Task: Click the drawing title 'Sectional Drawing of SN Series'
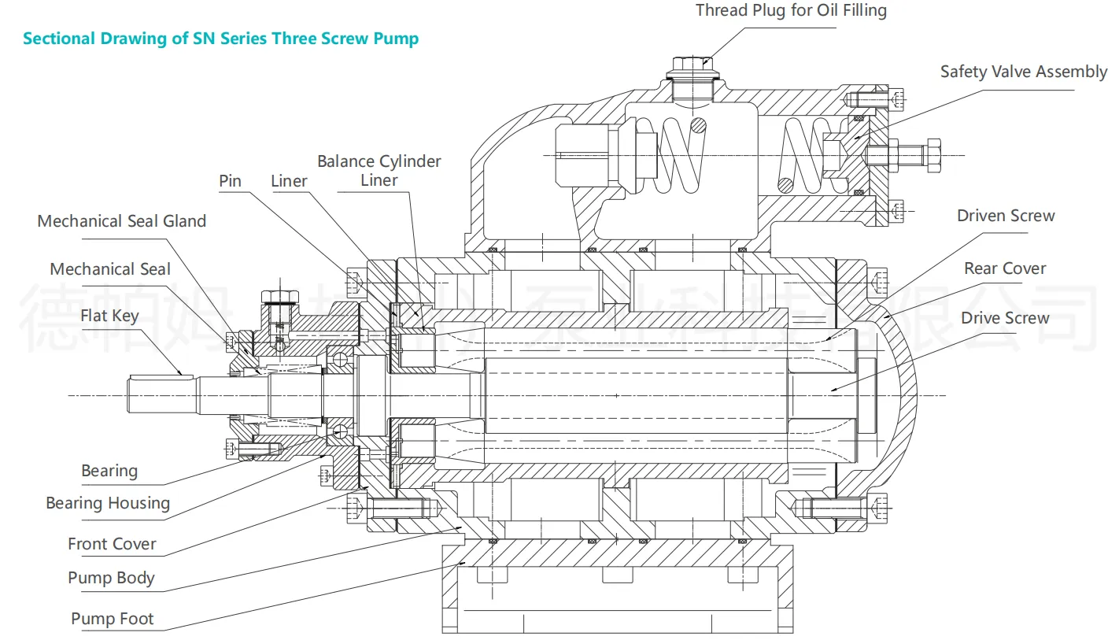pyautogui.click(x=220, y=38)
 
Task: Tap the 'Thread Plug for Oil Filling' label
pyautogui.click(x=791, y=11)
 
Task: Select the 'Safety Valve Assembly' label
pyautogui.click(x=1023, y=72)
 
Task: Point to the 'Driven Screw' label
pyautogui.click(x=1006, y=216)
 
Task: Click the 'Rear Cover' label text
pyautogui.click(x=1005, y=268)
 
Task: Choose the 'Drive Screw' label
pyautogui.click(x=1005, y=318)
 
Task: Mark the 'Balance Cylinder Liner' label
pyautogui.click(x=379, y=171)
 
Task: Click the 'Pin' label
pyautogui.click(x=230, y=181)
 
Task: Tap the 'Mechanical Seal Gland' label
pyautogui.click(x=122, y=221)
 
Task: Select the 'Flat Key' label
pyautogui.click(x=109, y=316)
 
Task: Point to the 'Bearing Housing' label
pyautogui.click(x=108, y=503)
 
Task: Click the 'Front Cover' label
pyautogui.click(x=112, y=544)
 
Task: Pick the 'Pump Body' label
pyautogui.click(x=111, y=578)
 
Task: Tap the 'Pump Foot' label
pyautogui.click(x=113, y=619)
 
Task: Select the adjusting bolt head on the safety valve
pyautogui.click(x=933, y=154)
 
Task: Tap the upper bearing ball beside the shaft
pyautogui.click(x=339, y=359)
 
